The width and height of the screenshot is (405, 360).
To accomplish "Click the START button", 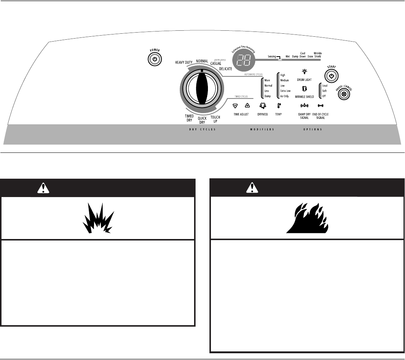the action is point(331,76).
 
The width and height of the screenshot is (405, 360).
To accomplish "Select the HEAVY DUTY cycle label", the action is point(184,63).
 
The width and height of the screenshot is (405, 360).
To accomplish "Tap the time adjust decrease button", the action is point(235,106).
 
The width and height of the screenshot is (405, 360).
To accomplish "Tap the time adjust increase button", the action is point(247,106).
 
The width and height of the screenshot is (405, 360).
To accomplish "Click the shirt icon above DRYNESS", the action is point(262,106).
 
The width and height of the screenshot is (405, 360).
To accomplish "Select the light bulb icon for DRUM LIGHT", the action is point(304,71).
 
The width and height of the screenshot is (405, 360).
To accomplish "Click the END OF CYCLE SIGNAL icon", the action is point(320,106).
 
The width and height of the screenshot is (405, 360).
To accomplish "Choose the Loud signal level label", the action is point(325,85).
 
